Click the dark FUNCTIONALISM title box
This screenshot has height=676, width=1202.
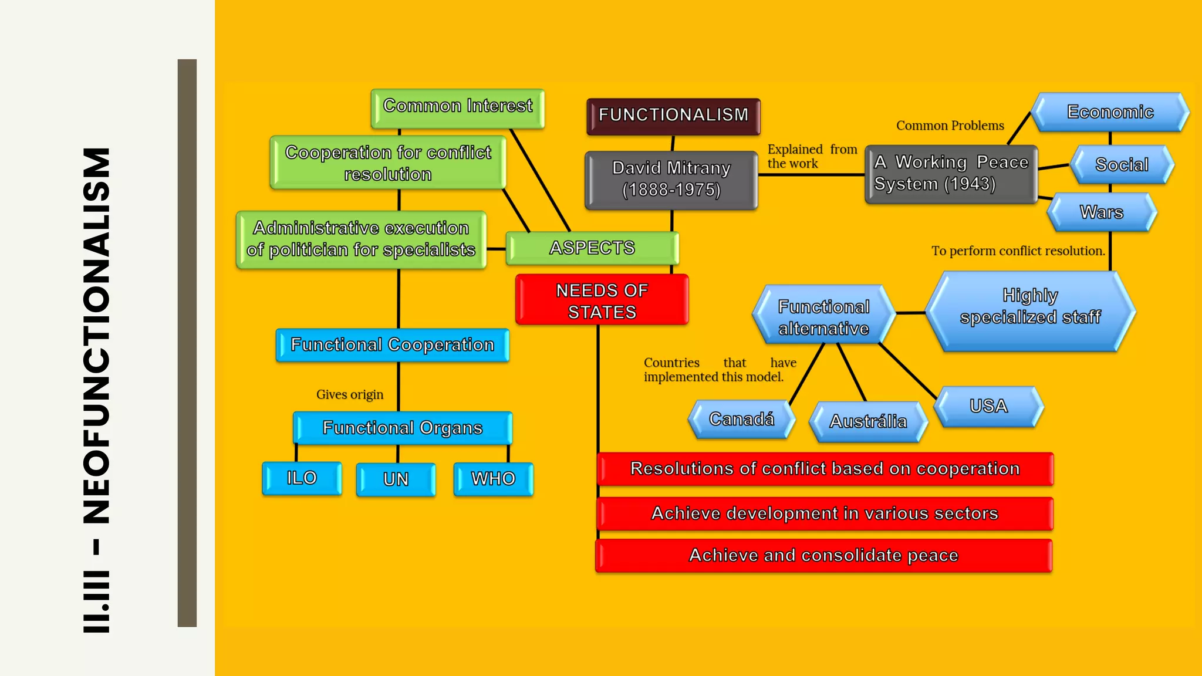673,116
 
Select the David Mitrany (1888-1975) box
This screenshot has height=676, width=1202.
671,180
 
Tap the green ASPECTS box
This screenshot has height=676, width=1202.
592,248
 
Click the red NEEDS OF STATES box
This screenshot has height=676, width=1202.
602,300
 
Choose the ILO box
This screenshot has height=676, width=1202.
302,478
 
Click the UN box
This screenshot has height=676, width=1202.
396,479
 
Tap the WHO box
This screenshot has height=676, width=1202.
493,479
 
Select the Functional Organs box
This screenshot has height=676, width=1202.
402,428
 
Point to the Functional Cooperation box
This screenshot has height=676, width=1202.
392,345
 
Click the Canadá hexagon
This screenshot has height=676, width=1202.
741,419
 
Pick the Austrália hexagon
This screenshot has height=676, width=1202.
868,421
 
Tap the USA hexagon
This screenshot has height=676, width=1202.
988,406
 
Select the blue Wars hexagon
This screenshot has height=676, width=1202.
1102,212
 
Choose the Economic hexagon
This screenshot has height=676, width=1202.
1110,112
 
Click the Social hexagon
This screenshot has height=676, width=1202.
1122,165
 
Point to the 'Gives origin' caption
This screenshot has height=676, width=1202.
350,394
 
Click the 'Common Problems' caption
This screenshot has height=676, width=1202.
950,126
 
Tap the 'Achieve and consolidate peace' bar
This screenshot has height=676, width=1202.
823,555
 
